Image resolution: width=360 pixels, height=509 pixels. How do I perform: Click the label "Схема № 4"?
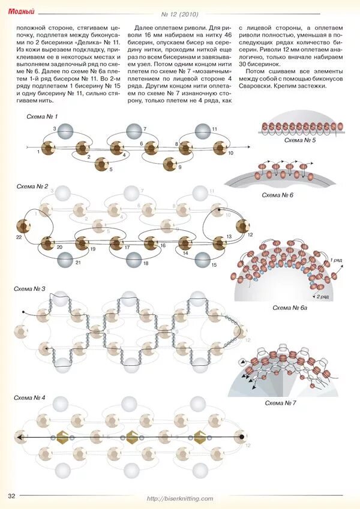[x=31, y=398]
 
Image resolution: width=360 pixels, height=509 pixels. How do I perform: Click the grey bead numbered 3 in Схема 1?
[x=66, y=130]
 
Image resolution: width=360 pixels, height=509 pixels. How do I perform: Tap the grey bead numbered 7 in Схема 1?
[x=133, y=130]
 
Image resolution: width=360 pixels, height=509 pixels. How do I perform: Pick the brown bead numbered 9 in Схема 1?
[x=170, y=162]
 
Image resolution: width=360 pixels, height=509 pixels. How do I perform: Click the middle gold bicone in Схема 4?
[x=132, y=438]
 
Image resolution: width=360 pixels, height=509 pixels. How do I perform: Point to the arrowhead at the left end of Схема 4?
[x=20, y=438]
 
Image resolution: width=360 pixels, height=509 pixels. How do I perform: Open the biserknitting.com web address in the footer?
[x=180, y=498]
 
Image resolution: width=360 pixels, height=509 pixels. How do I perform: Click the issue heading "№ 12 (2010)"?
[x=180, y=14]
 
